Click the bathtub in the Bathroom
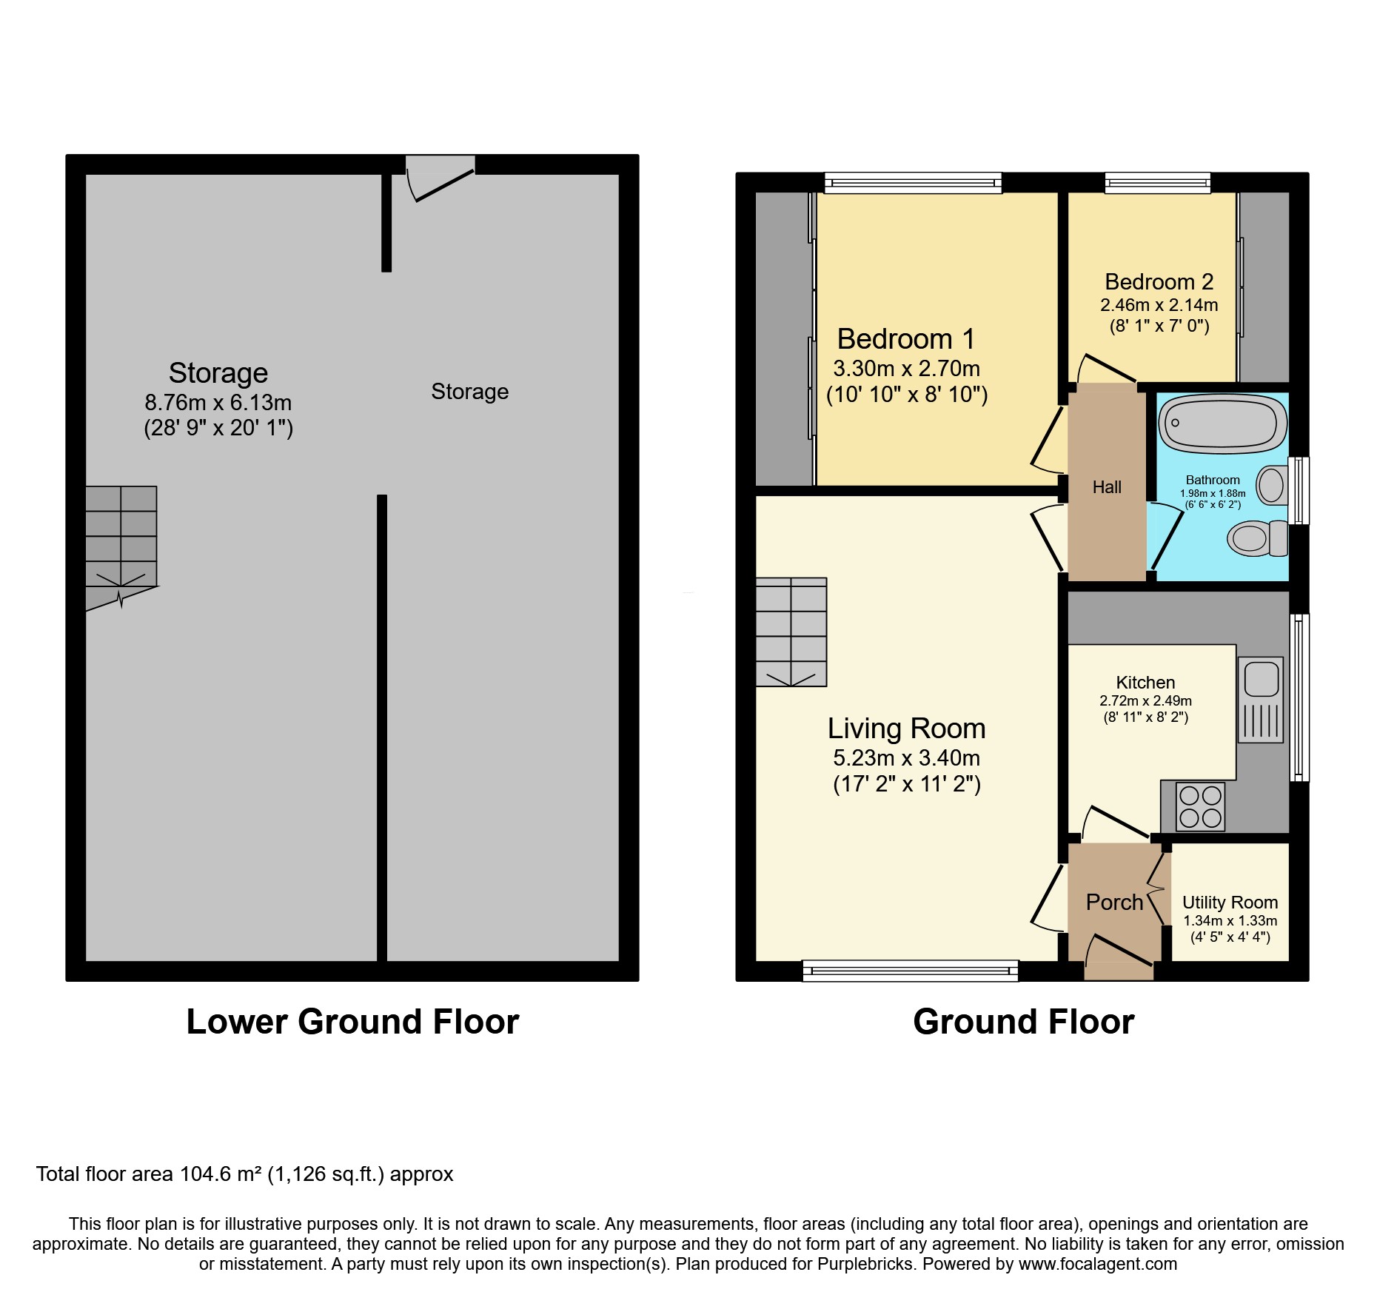pyautogui.click(x=1222, y=423)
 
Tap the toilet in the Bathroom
pyautogui.click(x=1257, y=538)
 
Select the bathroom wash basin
pyautogui.click(x=1273, y=485)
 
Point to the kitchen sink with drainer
pyautogui.click(x=1260, y=700)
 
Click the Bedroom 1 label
pyautogui.click(x=906, y=339)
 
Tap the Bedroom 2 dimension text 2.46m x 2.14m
pyautogui.click(x=1159, y=305)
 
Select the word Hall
pyautogui.click(x=1107, y=487)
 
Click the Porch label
pyautogui.click(x=1114, y=903)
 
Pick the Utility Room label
pyautogui.click(x=1230, y=903)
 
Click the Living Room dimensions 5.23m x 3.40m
pyautogui.click(x=906, y=758)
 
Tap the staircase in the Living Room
pyautogui.click(x=791, y=632)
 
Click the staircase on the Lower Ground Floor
pyautogui.click(x=121, y=537)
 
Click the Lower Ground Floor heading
pyautogui.click(x=352, y=1022)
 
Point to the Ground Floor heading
pyautogui.click(x=1023, y=1022)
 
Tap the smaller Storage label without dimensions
pyautogui.click(x=469, y=392)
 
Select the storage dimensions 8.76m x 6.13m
pyautogui.click(x=218, y=403)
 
